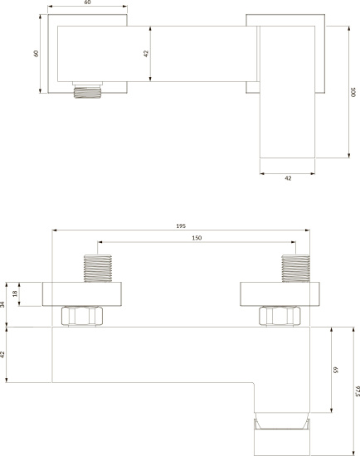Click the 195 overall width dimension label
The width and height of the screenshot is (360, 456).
[181, 226]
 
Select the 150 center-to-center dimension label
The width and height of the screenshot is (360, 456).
[197, 238]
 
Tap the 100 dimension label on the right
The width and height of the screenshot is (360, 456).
[353, 92]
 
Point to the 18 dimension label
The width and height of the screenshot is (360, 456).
[15, 293]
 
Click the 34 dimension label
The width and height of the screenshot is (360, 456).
[2, 304]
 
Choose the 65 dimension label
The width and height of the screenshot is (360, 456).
[336, 370]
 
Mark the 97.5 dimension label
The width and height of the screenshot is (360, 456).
[358, 391]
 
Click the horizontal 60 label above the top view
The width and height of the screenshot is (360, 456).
[87, 2]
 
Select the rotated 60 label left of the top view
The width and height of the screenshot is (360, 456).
[36, 54]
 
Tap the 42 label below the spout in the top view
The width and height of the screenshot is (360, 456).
[288, 178]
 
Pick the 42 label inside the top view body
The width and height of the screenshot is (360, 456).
[146, 54]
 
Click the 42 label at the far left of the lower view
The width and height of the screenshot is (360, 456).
[2, 354]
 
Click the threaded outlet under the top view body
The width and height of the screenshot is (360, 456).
[87, 90]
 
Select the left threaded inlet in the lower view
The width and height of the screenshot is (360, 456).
[98, 269]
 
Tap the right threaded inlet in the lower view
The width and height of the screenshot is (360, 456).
[295, 269]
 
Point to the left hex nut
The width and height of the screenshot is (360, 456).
[82, 316]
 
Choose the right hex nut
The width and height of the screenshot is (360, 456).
[280, 316]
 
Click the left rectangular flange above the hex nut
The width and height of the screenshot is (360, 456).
[82, 294]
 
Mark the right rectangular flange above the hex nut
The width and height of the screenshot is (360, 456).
[280, 294]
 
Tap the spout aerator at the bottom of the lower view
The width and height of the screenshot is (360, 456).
[281, 434]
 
